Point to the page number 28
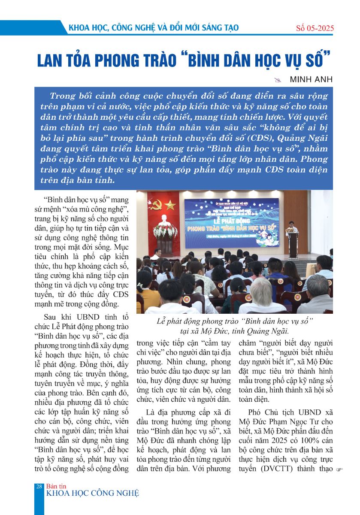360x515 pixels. click(39, 486)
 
